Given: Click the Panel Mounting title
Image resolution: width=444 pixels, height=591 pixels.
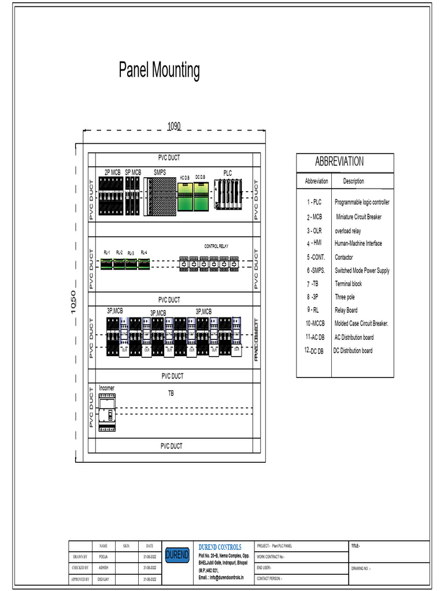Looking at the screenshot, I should tap(159, 70).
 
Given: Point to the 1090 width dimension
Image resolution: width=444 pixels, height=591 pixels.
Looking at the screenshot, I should tap(174, 126).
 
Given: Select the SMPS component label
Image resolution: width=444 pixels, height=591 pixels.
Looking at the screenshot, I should tap(160, 172).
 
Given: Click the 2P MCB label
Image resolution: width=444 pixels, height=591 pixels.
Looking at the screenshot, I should tap(112, 172).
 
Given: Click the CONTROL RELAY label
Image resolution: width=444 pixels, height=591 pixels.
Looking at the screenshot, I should tap(216, 246).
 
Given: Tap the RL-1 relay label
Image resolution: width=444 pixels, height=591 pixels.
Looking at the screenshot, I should tap(107, 253).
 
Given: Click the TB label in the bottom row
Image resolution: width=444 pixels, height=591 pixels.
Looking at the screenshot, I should tap(171, 394).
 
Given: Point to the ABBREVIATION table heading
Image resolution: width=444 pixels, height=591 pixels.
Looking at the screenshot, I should tap(339, 162).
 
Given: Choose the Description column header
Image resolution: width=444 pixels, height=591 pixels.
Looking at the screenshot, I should tap(353, 181).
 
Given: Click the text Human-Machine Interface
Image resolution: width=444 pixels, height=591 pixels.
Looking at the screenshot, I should tap(358, 244).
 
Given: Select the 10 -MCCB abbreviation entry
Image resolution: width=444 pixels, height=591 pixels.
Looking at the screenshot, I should tap(315, 324).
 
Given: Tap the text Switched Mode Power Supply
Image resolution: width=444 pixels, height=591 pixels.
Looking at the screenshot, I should tap(362, 271).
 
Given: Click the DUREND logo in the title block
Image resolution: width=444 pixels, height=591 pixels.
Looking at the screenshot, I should tap(177, 555).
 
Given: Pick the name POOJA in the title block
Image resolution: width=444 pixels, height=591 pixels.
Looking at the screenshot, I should tap(103, 557).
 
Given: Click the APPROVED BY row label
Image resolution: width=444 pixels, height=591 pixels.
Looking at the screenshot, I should tap(80, 578).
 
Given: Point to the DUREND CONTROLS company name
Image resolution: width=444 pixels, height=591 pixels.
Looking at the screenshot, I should tap(220, 547).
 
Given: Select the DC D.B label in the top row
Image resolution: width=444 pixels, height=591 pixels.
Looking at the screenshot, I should tap(200, 177).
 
